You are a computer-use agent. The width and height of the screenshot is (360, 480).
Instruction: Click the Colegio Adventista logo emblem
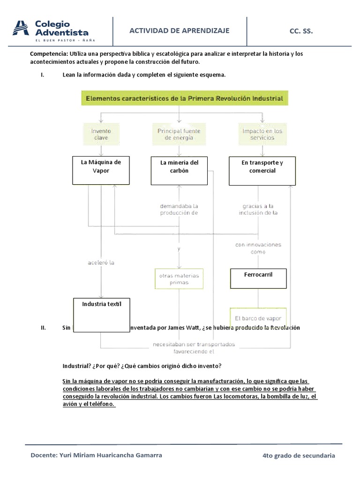pyautogui.click(x=21, y=28)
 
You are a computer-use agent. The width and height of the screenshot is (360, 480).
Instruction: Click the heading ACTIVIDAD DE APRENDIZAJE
pyautogui.click(x=180, y=30)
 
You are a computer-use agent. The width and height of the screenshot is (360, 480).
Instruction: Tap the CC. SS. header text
pyautogui.click(x=301, y=31)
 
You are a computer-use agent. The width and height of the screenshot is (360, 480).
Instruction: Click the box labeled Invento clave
pyautogui.click(x=101, y=135)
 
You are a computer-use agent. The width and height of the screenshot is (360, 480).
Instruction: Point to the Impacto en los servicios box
pyautogui.click(x=262, y=135)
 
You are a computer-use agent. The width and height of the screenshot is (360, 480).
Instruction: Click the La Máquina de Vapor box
pyautogui.click(x=101, y=170)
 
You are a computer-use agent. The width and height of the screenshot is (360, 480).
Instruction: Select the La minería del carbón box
pyautogui.click(x=179, y=171)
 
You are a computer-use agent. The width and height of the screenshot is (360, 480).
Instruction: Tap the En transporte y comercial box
pyautogui.click(x=262, y=171)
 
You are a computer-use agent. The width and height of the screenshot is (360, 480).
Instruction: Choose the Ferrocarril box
pyautogui.click(x=258, y=278)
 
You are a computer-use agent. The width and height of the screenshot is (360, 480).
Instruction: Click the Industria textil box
pyautogui.click(x=102, y=315)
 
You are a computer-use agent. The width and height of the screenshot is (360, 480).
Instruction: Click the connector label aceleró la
pyautogui.click(x=101, y=262)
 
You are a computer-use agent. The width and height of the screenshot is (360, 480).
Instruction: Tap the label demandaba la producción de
pyautogui.click(x=179, y=209)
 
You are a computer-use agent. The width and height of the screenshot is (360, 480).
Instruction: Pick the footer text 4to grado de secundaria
pyautogui.click(x=299, y=456)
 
